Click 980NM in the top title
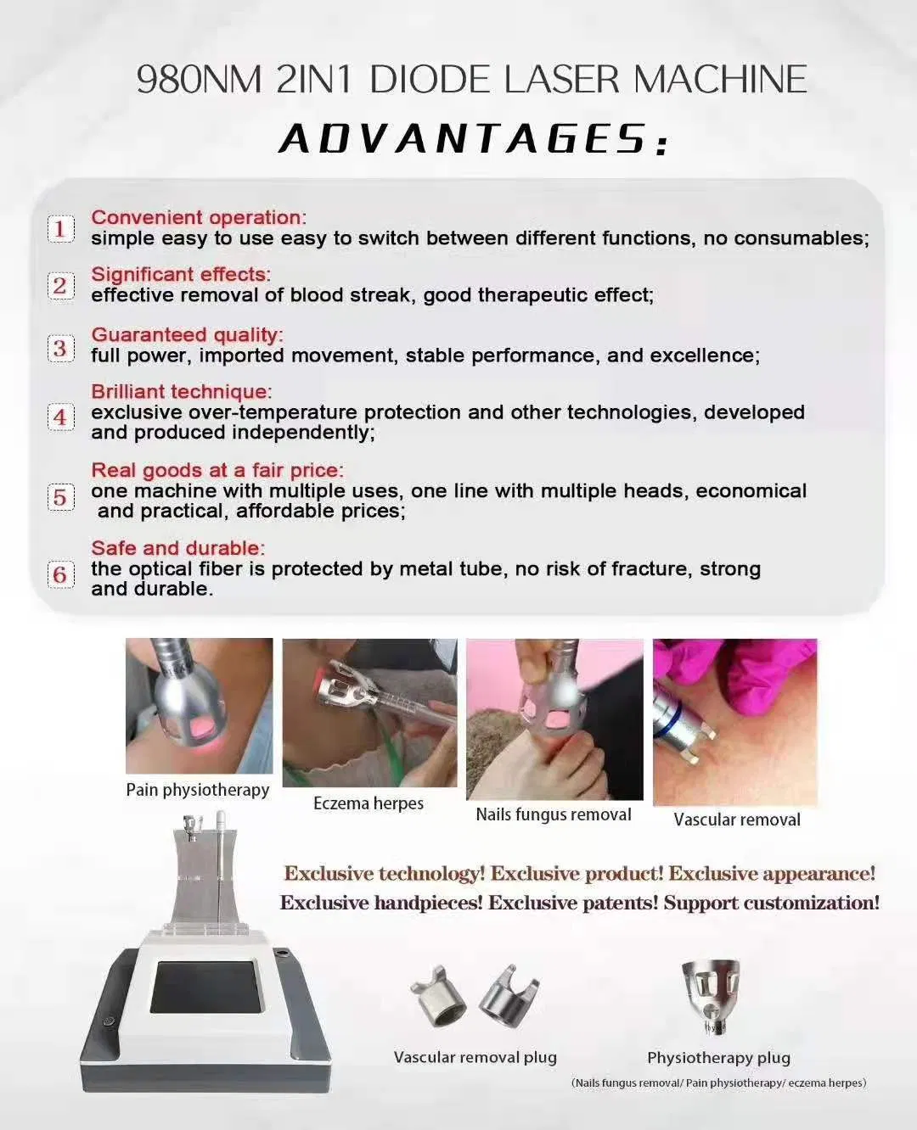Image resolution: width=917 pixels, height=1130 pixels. (199, 80)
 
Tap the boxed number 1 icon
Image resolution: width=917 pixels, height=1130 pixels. (59, 228)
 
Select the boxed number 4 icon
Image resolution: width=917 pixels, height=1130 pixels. (59, 417)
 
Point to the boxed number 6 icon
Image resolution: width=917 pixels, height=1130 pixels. (59, 574)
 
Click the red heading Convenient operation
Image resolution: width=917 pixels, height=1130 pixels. (197, 217)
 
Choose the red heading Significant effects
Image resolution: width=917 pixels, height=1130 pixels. (180, 274)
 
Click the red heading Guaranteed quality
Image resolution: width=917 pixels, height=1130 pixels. (186, 334)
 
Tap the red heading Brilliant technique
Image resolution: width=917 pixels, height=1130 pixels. (181, 391)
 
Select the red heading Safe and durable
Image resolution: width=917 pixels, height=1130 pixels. (177, 548)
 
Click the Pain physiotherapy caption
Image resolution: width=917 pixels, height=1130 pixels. (198, 790)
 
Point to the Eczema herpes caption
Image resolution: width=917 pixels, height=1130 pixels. (368, 803)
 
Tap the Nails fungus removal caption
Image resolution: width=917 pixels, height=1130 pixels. (554, 814)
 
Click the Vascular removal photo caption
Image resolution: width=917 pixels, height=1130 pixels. (737, 820)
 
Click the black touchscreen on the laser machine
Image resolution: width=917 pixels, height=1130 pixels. (203, 987)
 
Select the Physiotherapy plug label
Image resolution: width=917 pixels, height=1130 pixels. (718, 1058)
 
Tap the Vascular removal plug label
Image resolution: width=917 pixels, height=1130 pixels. (475, 1058)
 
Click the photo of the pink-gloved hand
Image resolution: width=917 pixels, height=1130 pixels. (734, 721)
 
